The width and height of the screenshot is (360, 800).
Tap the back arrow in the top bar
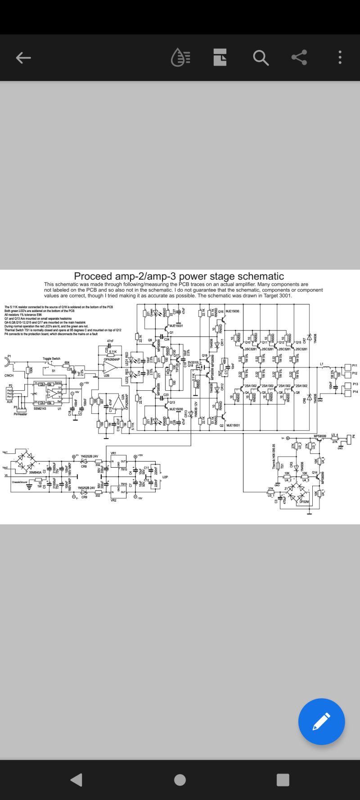coord(23,58)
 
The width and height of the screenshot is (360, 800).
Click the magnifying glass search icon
coord(261,58)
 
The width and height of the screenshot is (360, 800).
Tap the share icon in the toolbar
coord(299,58)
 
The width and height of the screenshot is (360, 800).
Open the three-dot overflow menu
coord(340,58)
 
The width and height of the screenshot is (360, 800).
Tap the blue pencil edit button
coord(321,721)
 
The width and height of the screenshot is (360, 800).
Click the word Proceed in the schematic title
coord(93,276)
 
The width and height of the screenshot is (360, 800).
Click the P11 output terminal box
coord(347,366)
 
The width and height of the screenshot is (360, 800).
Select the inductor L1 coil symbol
coord(324,367)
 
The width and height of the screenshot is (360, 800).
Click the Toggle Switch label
coord(51,359)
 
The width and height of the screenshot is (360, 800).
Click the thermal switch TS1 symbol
coord(278,466)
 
